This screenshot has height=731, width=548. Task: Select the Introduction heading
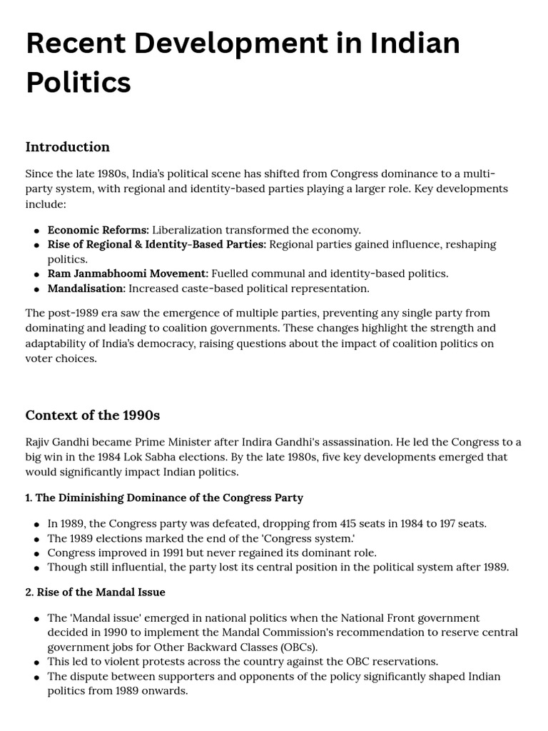[68, 147]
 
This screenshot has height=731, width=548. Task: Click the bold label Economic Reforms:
[98, 230]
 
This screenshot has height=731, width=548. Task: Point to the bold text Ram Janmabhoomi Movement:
[128, 273]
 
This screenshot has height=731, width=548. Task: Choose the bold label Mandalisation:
[86, 288]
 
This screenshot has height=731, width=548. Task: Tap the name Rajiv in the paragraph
[40, 442]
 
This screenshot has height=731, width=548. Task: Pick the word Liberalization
[187, 230]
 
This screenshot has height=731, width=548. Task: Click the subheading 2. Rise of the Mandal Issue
[96, 592]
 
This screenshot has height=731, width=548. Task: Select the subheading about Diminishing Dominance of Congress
[164, 498]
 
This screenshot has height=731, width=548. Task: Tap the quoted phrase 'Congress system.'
[310, 538]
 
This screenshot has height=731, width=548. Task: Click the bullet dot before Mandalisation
[36, 289]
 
